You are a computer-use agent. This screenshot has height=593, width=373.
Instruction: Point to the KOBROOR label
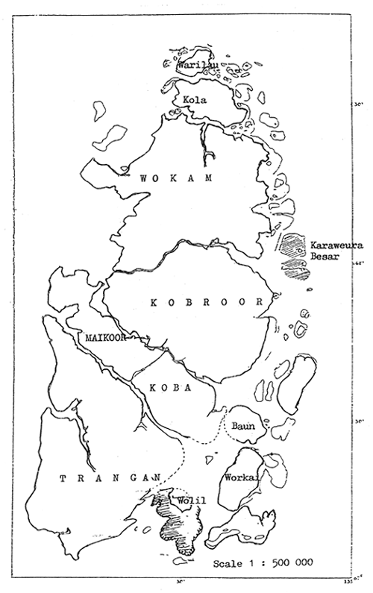pos(207,302)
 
